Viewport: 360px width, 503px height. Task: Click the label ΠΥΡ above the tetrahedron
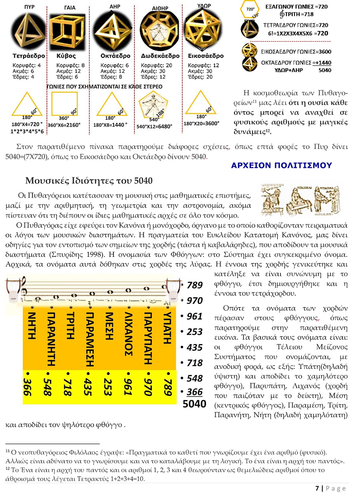(29, 7)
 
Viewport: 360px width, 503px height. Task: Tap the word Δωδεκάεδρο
(160, 56)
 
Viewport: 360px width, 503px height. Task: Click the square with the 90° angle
(64, 104)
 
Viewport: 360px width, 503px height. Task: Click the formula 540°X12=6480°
(154, 127)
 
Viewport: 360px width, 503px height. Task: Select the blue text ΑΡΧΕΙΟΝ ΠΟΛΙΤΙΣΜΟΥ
(281, 165)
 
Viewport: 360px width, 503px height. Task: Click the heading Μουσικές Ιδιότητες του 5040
(89, 181)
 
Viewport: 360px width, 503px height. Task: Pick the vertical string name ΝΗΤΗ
(32, 325)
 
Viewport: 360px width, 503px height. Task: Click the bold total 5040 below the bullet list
(194, 404)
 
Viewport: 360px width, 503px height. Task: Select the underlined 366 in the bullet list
(195, 392)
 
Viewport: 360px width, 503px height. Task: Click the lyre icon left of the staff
(13, 289)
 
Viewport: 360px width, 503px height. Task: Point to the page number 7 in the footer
(317, 488)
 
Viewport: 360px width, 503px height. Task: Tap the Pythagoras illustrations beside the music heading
(301, 200)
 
